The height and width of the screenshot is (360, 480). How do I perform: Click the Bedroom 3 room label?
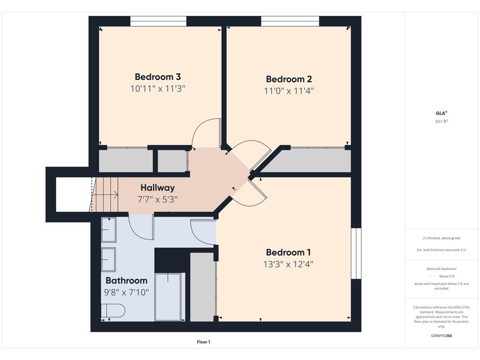tap(157, 76)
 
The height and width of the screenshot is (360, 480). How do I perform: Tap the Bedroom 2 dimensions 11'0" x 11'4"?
tap(289, 90)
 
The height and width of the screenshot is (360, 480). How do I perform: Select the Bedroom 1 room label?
tap(288, 252)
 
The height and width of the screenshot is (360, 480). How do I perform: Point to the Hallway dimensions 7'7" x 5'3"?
tap(157, 200)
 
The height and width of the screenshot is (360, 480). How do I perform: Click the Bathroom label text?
tap(127, 280)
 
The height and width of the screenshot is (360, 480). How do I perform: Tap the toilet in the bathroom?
tap(113, 311)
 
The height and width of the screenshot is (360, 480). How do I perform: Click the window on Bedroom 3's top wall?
tap(158, 21)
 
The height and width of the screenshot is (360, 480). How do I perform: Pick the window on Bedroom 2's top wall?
tap(290, 21)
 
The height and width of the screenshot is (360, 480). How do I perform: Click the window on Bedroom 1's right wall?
tap(356, 254)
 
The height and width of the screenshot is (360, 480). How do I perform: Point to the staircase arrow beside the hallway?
tap(105, 194)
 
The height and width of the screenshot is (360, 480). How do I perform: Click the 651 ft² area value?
tap(441, 121)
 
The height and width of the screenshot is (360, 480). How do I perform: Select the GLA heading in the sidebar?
tap(441, 113)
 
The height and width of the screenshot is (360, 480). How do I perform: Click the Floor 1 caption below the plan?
tap(203, 342)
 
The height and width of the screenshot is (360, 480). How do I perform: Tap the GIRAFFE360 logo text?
tap(441, 336)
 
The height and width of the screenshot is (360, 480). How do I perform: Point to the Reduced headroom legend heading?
tap(441, 269)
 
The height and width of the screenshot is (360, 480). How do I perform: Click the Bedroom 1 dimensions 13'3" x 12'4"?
tap(288, 264)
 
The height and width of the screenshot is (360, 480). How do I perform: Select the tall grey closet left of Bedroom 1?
tap(202, 287)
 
